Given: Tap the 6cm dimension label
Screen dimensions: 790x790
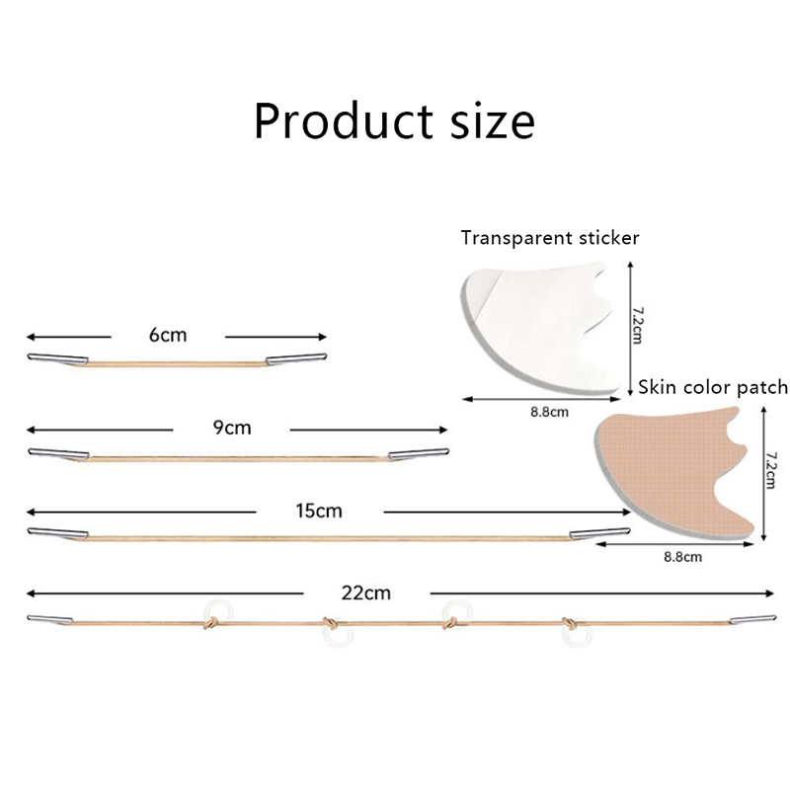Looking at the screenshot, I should [168, 335].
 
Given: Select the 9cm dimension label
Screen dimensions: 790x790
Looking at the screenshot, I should [232, 429].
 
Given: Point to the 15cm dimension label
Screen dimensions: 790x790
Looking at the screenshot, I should [318, 511].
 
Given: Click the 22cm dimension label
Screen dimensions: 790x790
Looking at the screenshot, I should [365, 592].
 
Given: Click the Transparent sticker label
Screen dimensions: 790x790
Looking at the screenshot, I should [550, 237].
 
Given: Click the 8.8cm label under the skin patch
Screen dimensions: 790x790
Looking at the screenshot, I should [681, 557].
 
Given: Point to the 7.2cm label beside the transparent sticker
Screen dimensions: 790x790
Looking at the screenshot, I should [637, 323].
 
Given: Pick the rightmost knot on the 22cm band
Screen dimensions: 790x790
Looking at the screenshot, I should [571, 623].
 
